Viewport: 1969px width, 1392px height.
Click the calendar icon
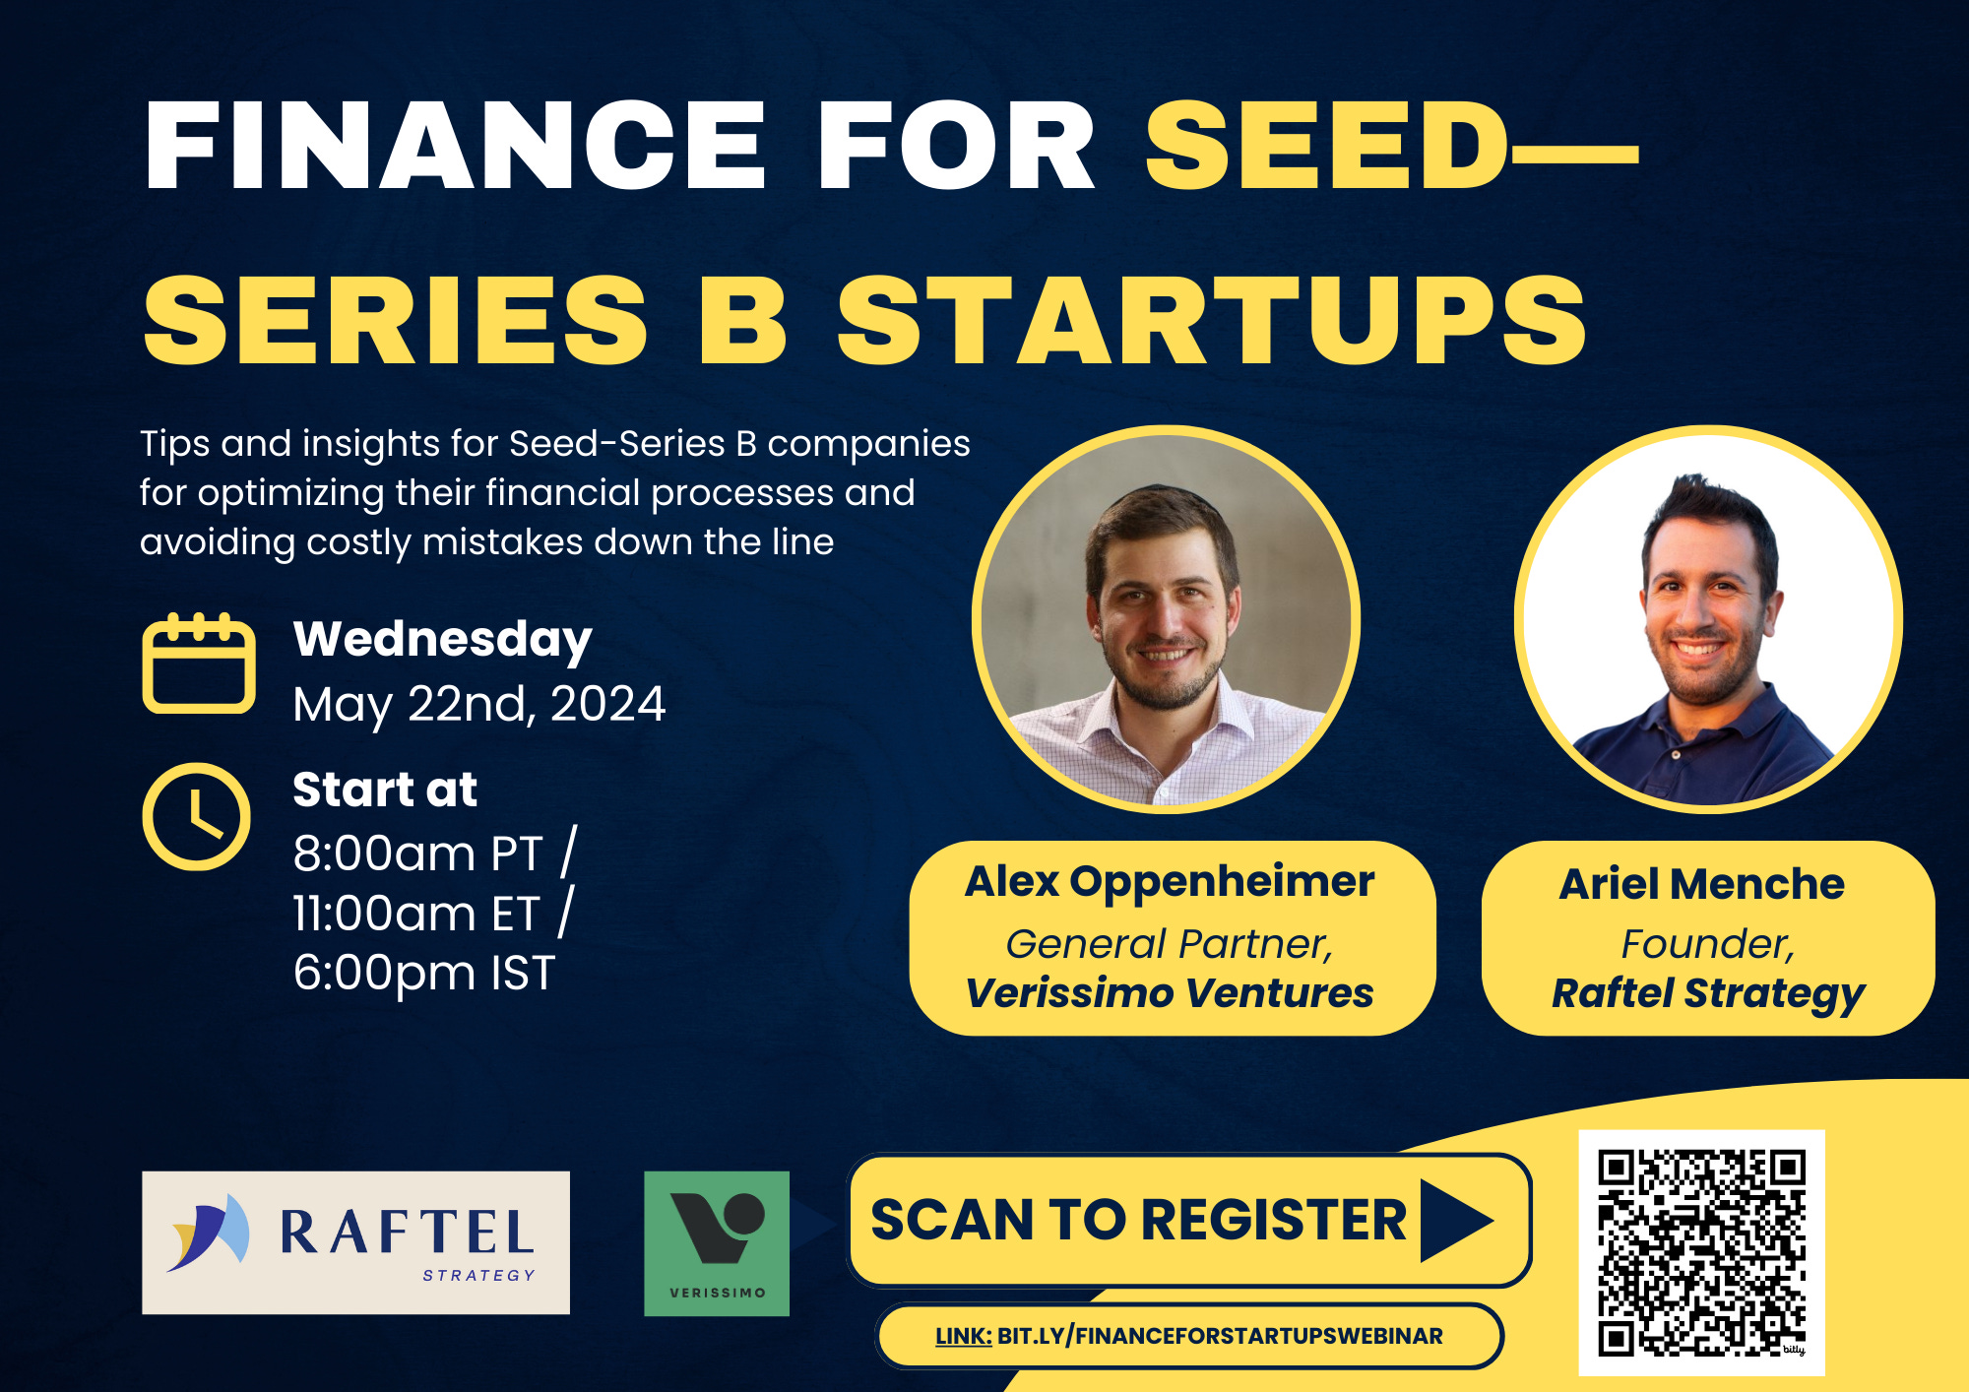click(199, 663)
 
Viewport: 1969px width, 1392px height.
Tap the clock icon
click(197, 816)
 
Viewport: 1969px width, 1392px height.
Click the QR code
click(1701, 1253)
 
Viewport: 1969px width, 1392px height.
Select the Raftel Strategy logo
click(355, 1242)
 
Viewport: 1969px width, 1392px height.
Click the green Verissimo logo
click(717, 1243)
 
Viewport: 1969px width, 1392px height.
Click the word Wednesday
click(442, 640)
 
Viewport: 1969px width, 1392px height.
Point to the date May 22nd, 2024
click(479, 705)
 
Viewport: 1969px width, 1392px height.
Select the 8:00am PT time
click(417, 854)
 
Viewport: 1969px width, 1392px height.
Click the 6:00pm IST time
click(424, 974)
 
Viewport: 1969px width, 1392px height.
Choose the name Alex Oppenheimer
click(1170, 882)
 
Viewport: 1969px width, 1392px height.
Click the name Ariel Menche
click(1702, 884)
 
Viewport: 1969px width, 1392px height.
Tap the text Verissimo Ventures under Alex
click(1170, 993)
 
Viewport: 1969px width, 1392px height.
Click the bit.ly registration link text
click(1189, 1336)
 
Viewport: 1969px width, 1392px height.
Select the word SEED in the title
click(1326, 145)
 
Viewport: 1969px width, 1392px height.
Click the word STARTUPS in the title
click(1212, 320)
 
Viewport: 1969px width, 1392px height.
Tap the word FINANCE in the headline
click(455, 145)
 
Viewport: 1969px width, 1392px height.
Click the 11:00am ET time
click(416, 914)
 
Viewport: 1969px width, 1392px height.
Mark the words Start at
click(385, 790)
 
